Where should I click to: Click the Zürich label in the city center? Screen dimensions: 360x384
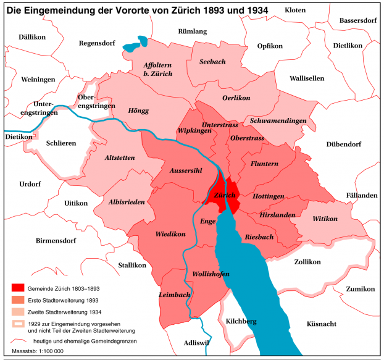[225, 195]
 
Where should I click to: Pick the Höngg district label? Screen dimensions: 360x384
[138, 111]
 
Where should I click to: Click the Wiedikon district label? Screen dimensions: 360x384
[170, 234]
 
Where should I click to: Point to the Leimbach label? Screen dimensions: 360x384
[174, 295]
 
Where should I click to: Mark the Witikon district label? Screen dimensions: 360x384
[325, 219]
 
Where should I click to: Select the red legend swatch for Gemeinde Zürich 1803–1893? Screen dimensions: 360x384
[18, 288]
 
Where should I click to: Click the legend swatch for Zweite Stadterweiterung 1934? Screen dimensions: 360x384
[18, 312]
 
